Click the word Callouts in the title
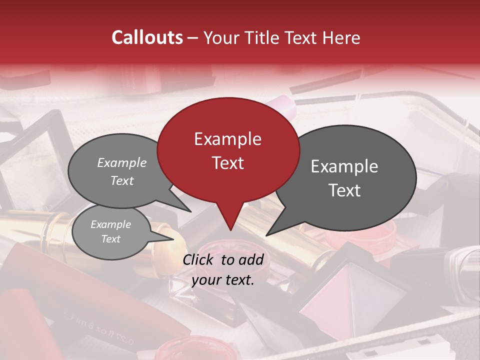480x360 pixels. tap(147, 37)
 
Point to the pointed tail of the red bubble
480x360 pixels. tap(230, 227)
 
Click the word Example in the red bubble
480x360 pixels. tap(228, 139)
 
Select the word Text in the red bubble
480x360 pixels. tap(228, 163)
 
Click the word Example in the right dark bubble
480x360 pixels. tap(344, 166)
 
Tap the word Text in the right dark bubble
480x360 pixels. tap(344, 190)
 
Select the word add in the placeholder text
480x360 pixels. tap(250, 259)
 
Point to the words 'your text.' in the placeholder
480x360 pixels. tap(223, 280)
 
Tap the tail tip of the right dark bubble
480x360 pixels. tap(268, 234)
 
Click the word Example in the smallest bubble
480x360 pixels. tap(111, 224)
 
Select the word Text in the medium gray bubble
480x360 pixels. tap(122, 180)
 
